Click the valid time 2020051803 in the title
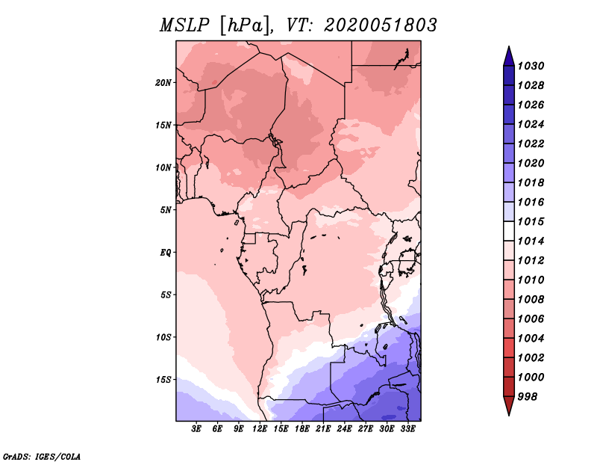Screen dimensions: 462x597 click(381, 25)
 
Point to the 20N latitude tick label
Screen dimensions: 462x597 click(163, 82)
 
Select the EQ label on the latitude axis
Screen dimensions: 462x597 click(166, 252)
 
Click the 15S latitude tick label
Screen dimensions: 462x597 click(163, 379)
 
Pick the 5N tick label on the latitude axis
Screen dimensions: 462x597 click(166, 209)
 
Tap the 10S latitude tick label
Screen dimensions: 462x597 click(163, 337)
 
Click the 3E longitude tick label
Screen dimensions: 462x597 click(197, 429)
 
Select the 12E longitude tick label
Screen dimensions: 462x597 click(260, 429)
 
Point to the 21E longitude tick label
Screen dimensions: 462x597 click(323, 429)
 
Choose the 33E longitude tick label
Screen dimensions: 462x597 click(407, 429)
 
